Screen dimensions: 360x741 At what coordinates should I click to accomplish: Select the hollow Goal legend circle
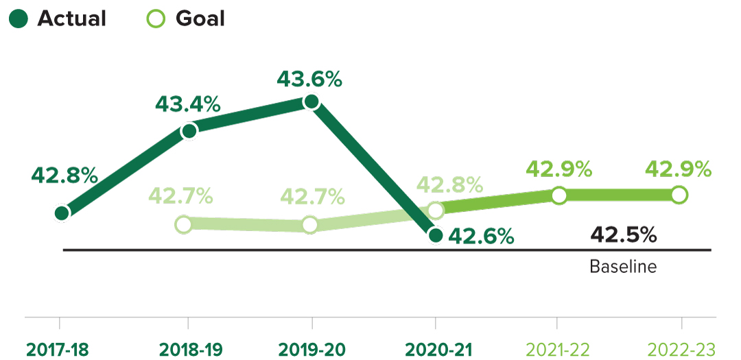click(x=157, y=19)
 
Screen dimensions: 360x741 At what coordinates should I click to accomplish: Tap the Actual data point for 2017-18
click(x=61, y=213)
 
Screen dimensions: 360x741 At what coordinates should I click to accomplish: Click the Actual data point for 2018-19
click(x=189, y=130)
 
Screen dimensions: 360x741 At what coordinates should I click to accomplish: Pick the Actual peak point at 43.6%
click(x=311, y=102)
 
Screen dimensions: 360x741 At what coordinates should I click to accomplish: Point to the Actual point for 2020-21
click(x=435, y=236)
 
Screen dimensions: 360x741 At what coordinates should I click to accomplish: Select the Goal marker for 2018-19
click(x=183, y=224)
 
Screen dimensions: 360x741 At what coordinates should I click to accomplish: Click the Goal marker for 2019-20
click(x=309, y=224)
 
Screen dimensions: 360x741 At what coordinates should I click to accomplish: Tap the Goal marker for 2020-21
click(x=436, y=210)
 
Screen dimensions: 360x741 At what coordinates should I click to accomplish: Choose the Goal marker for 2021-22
click(x=559, y=196)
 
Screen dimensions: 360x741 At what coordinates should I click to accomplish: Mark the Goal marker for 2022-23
click(x=679, y=195)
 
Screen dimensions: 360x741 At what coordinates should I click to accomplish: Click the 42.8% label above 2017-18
click(x=64, y=175)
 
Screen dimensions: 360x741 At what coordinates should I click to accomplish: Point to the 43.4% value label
click(x=187, y=104)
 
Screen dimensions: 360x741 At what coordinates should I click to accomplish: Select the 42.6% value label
click(x=481, y=237)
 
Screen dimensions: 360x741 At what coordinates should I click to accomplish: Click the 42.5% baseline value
click(x=623, y=235)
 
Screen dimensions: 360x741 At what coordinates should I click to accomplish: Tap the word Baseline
click(x=623, y=266)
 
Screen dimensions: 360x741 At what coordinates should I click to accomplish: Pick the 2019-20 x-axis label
click(x=311, y=348)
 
